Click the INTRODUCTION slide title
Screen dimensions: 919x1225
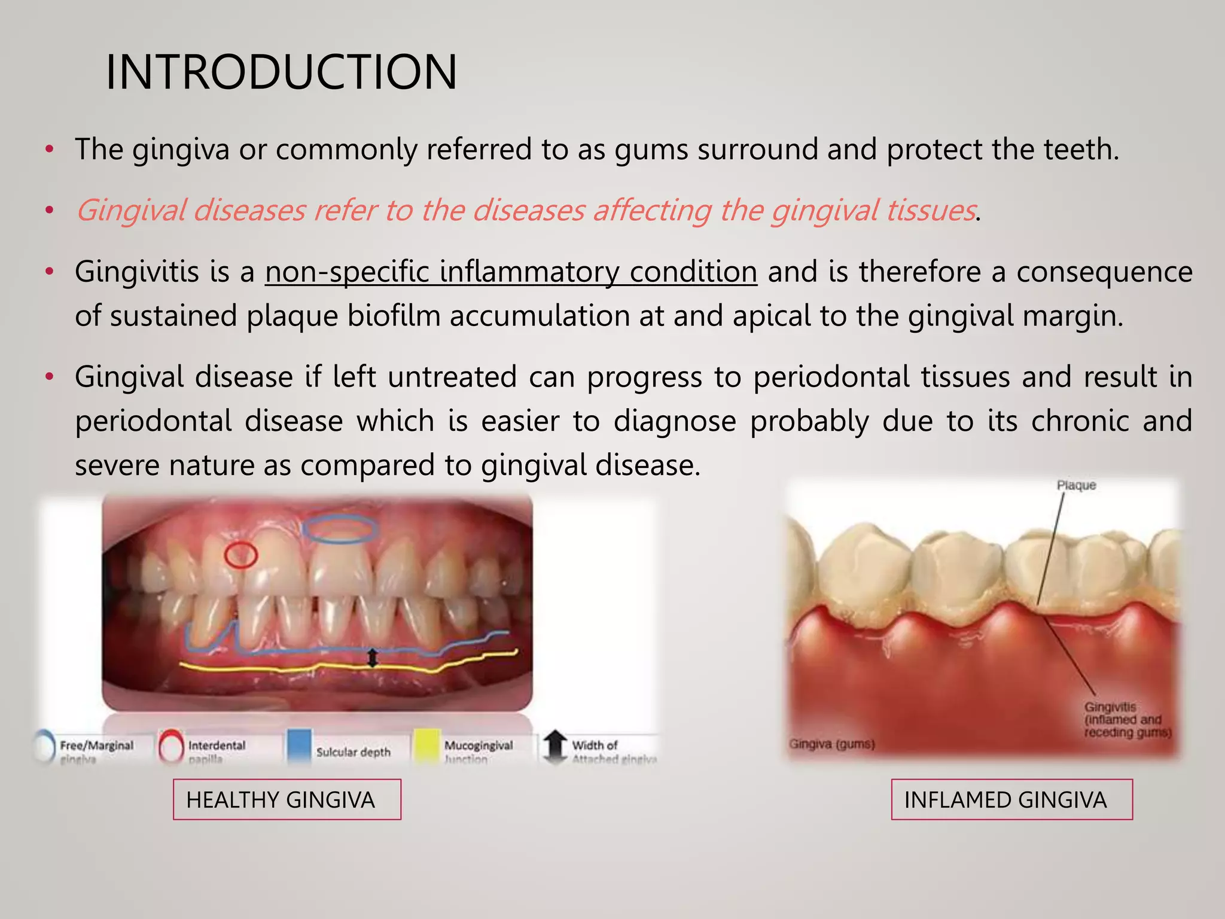[281, 72]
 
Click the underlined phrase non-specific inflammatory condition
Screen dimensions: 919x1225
[511, 272]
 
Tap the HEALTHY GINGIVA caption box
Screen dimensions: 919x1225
[287, 799]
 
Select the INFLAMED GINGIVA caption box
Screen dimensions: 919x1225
[1011, 799]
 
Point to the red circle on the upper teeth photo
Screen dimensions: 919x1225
[241, 555]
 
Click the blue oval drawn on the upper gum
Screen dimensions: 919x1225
[340, 529]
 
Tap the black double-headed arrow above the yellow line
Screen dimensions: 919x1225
[372, 658]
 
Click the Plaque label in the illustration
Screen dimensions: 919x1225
[1076, 485]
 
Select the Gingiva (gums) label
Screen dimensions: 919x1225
[831, 744]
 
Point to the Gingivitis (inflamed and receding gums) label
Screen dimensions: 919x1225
[1127, 720]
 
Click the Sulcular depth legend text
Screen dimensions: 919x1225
[353, 752]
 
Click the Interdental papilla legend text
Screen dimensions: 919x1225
[217, 751]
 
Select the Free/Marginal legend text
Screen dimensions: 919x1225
[96, 746]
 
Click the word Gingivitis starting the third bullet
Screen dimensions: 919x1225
[136, 272]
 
